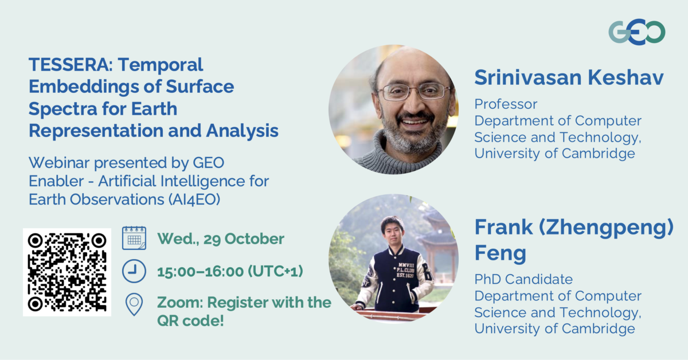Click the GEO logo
coord(636,32)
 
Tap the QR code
coord(67,272)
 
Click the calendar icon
coord(134,238)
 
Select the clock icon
coord(134,271)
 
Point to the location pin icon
coord(134,304)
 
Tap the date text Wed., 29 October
coord(221,238)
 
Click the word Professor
coord(506,104)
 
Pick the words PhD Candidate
coord(523,279)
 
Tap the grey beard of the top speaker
coord(414,133)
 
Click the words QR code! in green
coord(190,320)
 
